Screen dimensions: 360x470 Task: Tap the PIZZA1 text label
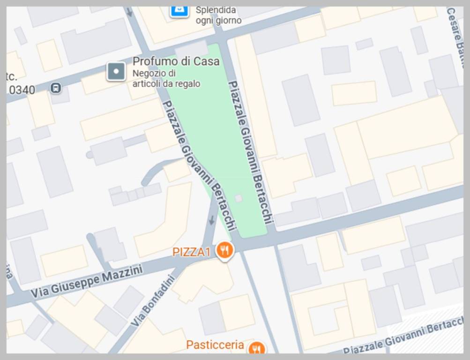192,252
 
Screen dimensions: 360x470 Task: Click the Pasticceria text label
215,345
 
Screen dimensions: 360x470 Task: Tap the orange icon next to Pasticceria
256,349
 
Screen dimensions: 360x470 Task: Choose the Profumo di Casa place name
176,61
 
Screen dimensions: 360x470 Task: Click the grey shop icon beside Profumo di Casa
116,72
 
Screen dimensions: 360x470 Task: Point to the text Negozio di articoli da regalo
166,78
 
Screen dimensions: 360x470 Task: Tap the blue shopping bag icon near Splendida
179,10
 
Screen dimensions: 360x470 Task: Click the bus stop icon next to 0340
56,88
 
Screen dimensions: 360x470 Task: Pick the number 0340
22,90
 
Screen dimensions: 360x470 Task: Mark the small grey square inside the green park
239,198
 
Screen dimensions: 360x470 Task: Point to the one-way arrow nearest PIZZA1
212,219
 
